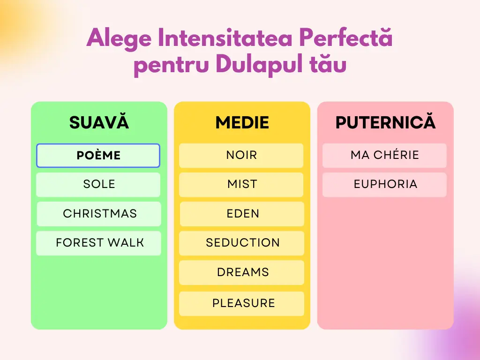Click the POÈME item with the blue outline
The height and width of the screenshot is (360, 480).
(98, 156)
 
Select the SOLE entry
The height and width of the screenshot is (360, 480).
(98, 185)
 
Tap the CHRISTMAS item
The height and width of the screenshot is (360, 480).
(99, 214)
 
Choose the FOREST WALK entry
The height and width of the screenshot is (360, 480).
(98, 243)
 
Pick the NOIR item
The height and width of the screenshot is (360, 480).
(241, 156)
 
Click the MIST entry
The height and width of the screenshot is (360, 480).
(241, 185)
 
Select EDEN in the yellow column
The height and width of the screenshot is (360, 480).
(242, 214)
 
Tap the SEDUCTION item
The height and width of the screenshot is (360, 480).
(241, 243)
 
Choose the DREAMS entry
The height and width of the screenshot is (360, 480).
(241, 272)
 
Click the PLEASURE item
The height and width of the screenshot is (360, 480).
(241, 304)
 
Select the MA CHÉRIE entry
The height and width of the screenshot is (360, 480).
(384, 156)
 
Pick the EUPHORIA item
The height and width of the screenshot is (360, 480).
(384, 185)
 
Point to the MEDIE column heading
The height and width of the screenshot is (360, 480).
(242, 122)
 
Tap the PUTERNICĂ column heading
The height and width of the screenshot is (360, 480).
(385, 121)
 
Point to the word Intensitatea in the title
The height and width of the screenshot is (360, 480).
(225, 37)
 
